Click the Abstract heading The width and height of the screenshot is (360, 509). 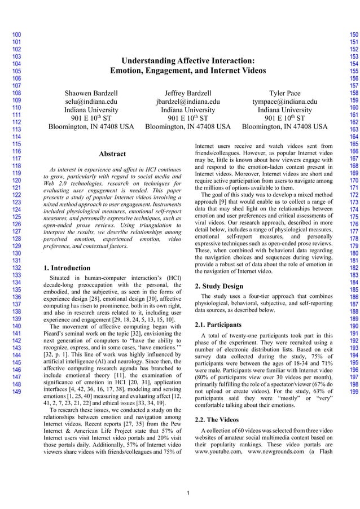pos(112,153)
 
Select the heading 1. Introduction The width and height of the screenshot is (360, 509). pos(66,268)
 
